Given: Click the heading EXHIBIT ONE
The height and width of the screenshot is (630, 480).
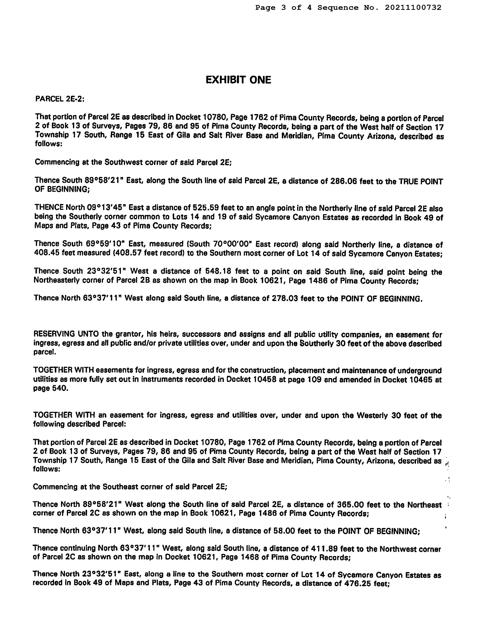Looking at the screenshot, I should click(238, 80).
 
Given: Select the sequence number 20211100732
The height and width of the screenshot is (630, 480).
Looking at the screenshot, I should click(413, 8).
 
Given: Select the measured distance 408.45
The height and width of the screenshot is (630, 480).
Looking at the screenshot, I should click(47, 253).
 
